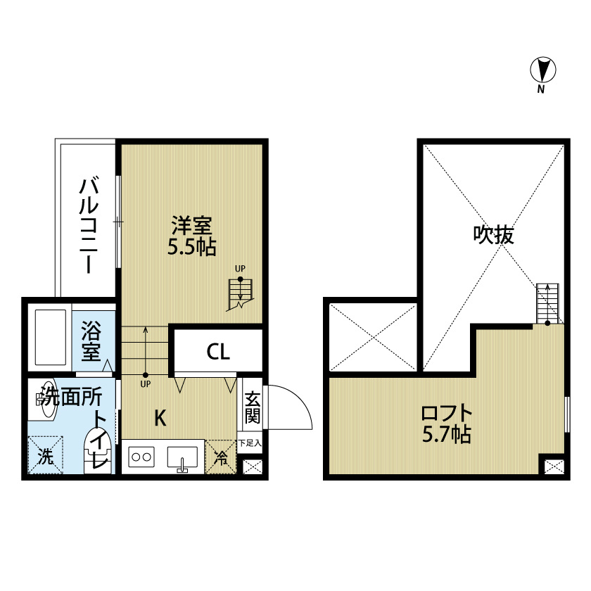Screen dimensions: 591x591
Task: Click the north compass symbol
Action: coord(542,70)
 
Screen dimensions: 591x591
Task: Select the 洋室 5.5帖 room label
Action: coord(191,236)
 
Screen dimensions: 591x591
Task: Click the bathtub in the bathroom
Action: coord(50,336)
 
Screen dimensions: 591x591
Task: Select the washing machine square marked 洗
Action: coord(46,456)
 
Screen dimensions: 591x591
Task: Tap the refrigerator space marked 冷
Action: coord(221,457)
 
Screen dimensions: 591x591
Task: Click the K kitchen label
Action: coord(160,418)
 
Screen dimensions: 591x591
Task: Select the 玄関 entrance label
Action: coord(252,407)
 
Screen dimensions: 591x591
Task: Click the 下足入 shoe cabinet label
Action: coord(250,443)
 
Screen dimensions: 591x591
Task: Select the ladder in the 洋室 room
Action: coord(240,294)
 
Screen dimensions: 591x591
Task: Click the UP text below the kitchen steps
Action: coord(146,385)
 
